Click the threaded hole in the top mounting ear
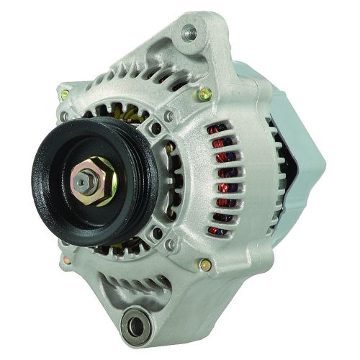190,31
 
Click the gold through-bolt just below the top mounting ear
206,93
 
